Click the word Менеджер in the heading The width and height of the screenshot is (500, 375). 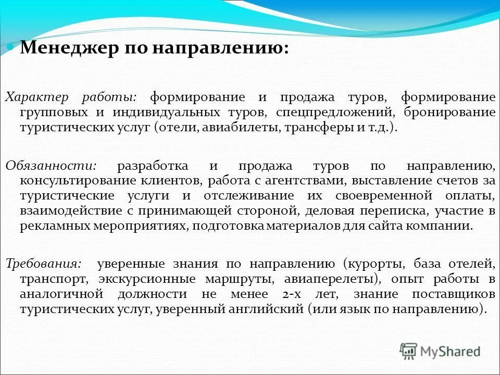(67, 48)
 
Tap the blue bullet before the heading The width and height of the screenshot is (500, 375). (10, 47)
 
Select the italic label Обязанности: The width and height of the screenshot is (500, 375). (51, 166)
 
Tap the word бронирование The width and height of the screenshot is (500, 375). (452, 113)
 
